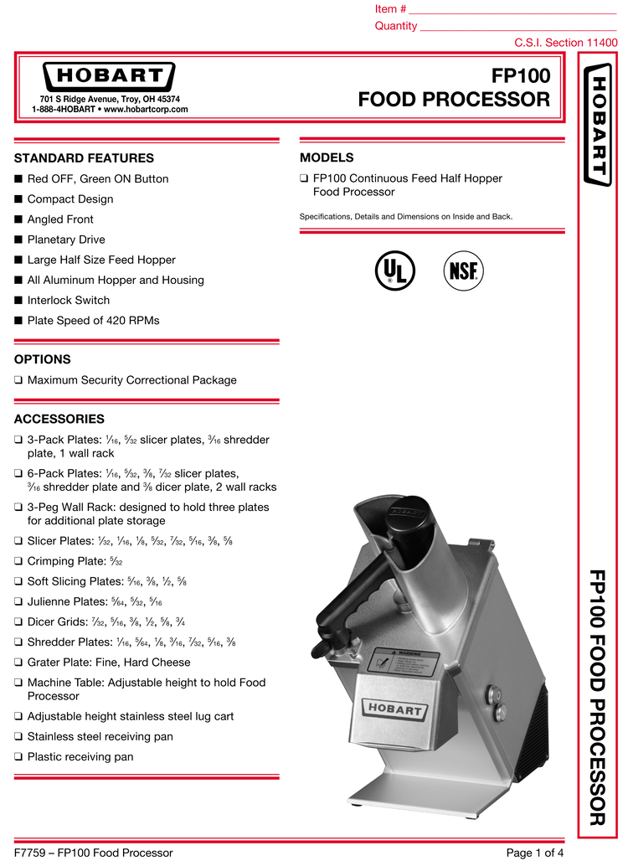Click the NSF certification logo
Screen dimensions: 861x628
464,271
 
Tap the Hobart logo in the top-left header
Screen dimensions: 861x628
109,78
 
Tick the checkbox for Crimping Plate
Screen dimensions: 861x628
18,561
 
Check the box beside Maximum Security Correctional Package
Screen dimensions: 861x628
18,380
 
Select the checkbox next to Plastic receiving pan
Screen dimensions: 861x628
18,757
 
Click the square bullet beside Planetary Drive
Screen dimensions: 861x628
18,240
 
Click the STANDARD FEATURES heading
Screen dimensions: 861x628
84,158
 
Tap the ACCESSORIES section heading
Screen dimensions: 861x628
59,419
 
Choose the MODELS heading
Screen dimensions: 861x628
327,157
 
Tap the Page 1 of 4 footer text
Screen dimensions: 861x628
535,853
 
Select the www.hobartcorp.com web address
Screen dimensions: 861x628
146,109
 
